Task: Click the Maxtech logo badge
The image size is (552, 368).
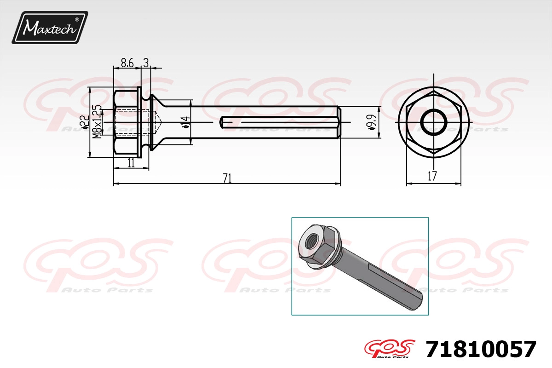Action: point(50,28)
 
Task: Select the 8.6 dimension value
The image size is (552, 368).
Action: point(127,63)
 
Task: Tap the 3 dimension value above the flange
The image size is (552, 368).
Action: point(146,63)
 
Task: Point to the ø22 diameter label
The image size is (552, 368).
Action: point(85,122)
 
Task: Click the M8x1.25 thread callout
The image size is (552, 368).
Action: point(98,122)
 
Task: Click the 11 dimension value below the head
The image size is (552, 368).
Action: point(131,163)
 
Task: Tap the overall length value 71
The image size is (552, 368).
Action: point(227,178)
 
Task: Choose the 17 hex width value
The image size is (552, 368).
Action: point(432,176)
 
